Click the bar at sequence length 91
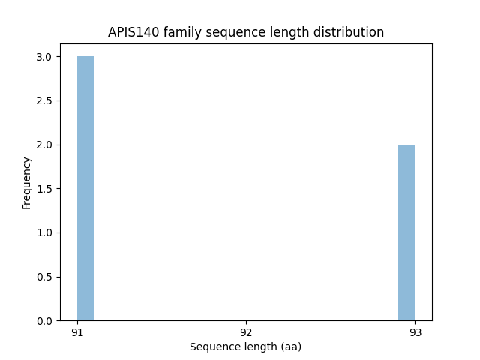coord(85,188)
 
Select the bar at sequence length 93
coord(406,232)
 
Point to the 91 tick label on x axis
coord(77,332)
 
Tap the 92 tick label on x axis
coord(246,332)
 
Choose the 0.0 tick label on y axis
coord(44,321)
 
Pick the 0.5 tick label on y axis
coord(44,277)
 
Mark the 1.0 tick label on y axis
coord(44,232)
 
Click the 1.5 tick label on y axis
coord(44,189)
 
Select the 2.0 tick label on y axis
coord(44,145)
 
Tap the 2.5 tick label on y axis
coord(44,100)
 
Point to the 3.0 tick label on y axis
coord(44,57)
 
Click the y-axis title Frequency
coord(27,182)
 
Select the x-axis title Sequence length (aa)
coord(245,346)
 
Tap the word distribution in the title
coord(351,33)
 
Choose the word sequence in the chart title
coord(233,33)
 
